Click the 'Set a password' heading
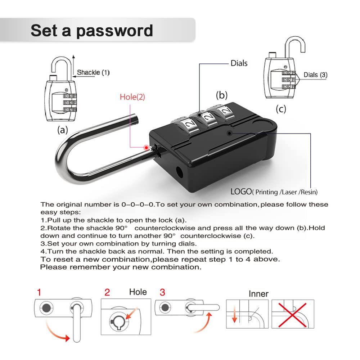tap(91, 30)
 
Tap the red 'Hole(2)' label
tap(132, 97)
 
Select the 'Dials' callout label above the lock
tap(239, 63)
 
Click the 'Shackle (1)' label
tap(93, 72)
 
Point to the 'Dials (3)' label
tap(315, 75)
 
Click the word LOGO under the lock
tap(241, 192)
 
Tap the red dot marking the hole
tap(146, 147)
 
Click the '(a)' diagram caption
tap(63, 130)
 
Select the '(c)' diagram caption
tap(281, 109)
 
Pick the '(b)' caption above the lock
tap(222, 95)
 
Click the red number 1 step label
tap(39, 292)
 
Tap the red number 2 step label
tap(107, 292)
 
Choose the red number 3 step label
tap(162, 292)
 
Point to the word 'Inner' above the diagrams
tap(258, 294)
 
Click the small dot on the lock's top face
tap(229, 132)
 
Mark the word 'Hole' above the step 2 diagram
tap(138, 292)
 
